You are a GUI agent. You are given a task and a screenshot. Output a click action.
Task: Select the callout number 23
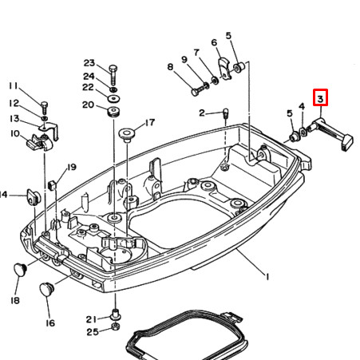(x=89, y=63)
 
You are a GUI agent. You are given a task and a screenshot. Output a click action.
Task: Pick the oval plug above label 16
(x=47, y=287)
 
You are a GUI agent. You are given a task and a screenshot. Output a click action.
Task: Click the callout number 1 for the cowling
(x=267, y=276)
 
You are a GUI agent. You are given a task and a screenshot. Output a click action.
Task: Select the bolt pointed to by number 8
(x=195, y=92)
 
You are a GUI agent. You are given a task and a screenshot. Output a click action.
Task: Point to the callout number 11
(x=13, y=86)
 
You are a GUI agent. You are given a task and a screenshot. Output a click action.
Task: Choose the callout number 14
(x=3, y=194)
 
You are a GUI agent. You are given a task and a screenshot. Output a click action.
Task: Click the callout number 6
(x=214, y=42)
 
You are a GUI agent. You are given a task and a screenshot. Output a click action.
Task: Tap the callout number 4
(x=302, y=106)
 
